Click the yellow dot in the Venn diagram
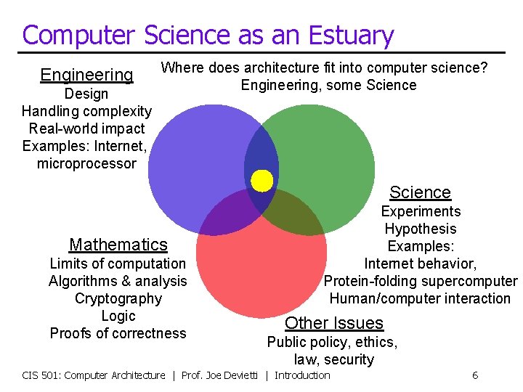[261, 181]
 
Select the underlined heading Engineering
[87, 75]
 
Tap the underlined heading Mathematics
[118, 245]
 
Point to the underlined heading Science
[420, 192]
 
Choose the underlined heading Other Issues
[333, 323]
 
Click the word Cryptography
[118, 298]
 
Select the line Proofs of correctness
[118, 333]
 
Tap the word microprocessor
[86, 163]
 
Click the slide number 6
[475, 375]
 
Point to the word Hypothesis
[421, 229]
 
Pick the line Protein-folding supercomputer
[421, 281]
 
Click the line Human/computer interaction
[421, 298]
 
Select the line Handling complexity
[86, 111]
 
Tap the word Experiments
[421, 211]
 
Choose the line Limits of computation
[118, 264]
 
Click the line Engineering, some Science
[328, 85]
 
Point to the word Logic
[118, 316]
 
